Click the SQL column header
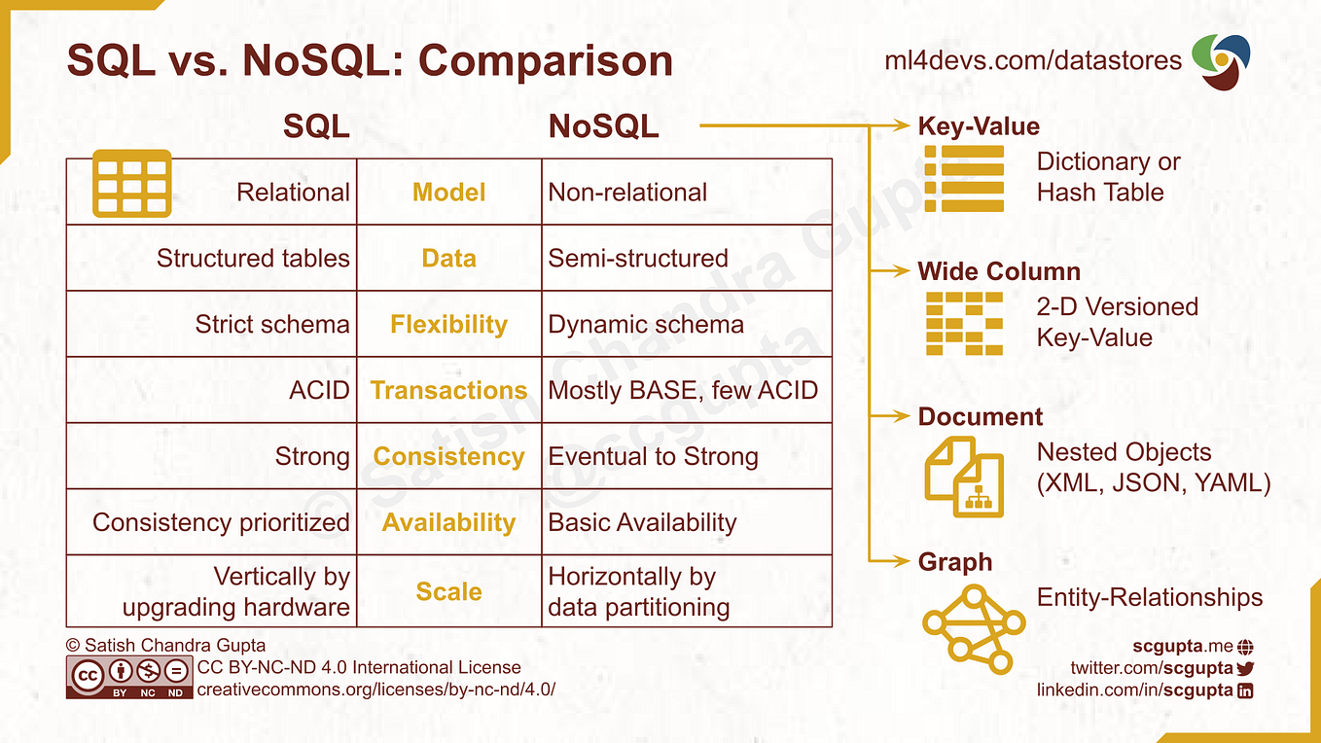[316, 126]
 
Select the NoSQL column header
[603, 126]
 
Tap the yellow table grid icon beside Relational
[131, 183]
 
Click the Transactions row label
[448, 390]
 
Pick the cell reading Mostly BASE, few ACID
[683, 390]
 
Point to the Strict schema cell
[271, 324]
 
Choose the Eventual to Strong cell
[653, 456]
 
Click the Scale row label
[448, 591]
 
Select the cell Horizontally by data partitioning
[638, 591]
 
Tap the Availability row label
[448, 522]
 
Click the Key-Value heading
[979, 126]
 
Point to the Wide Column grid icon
[963, 323]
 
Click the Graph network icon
[973, 628]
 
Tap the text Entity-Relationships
[1150, 597]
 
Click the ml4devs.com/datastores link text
[1033, 60]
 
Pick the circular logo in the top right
[1222, 60]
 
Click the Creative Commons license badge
[128, 677]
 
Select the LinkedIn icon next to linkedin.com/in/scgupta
[1244, 690]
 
